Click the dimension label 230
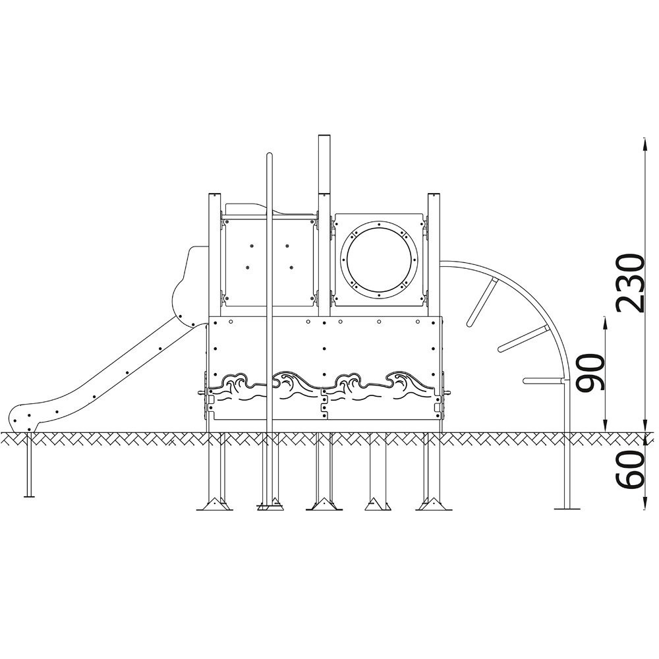point(629,283)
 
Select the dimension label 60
point(629,470)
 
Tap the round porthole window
point(379,259)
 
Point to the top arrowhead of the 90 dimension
point(605,322)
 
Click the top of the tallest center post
point(324,136)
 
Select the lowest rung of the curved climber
point(543,381)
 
